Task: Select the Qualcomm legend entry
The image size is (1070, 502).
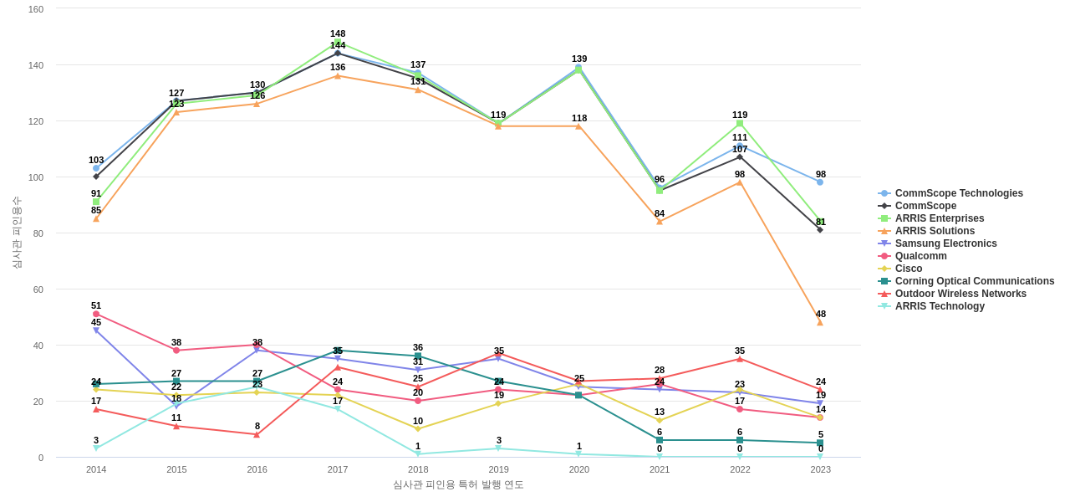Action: [x=920, y=256]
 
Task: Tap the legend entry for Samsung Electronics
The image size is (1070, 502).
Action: [x=945, y=243]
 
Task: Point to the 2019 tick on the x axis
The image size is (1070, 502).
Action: [x=498, y=469]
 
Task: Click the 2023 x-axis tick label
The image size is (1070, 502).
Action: [x=820, y=469]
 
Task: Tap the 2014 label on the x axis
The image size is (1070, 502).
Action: [x=96, y=469]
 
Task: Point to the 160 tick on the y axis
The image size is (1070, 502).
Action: [x=36, y=9]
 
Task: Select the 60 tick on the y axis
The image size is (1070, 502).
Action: [x=38, y=289]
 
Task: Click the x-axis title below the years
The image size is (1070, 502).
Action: [x=458, y=484]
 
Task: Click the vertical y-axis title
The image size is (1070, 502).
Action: [x=17, y=233]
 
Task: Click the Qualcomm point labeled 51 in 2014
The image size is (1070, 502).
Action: [x=96, y=315]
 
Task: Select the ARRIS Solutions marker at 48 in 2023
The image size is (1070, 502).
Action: [x=820, y=323]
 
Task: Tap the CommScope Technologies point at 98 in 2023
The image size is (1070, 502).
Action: [x=820, y=182]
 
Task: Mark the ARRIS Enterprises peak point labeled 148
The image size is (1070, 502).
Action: [x=338, y=42]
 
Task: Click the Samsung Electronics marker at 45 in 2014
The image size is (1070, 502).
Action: [x=96, y=331]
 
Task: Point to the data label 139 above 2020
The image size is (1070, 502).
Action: [x=579, y=59]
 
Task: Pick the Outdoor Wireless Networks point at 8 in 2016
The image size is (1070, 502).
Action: [x=257, y=435]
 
